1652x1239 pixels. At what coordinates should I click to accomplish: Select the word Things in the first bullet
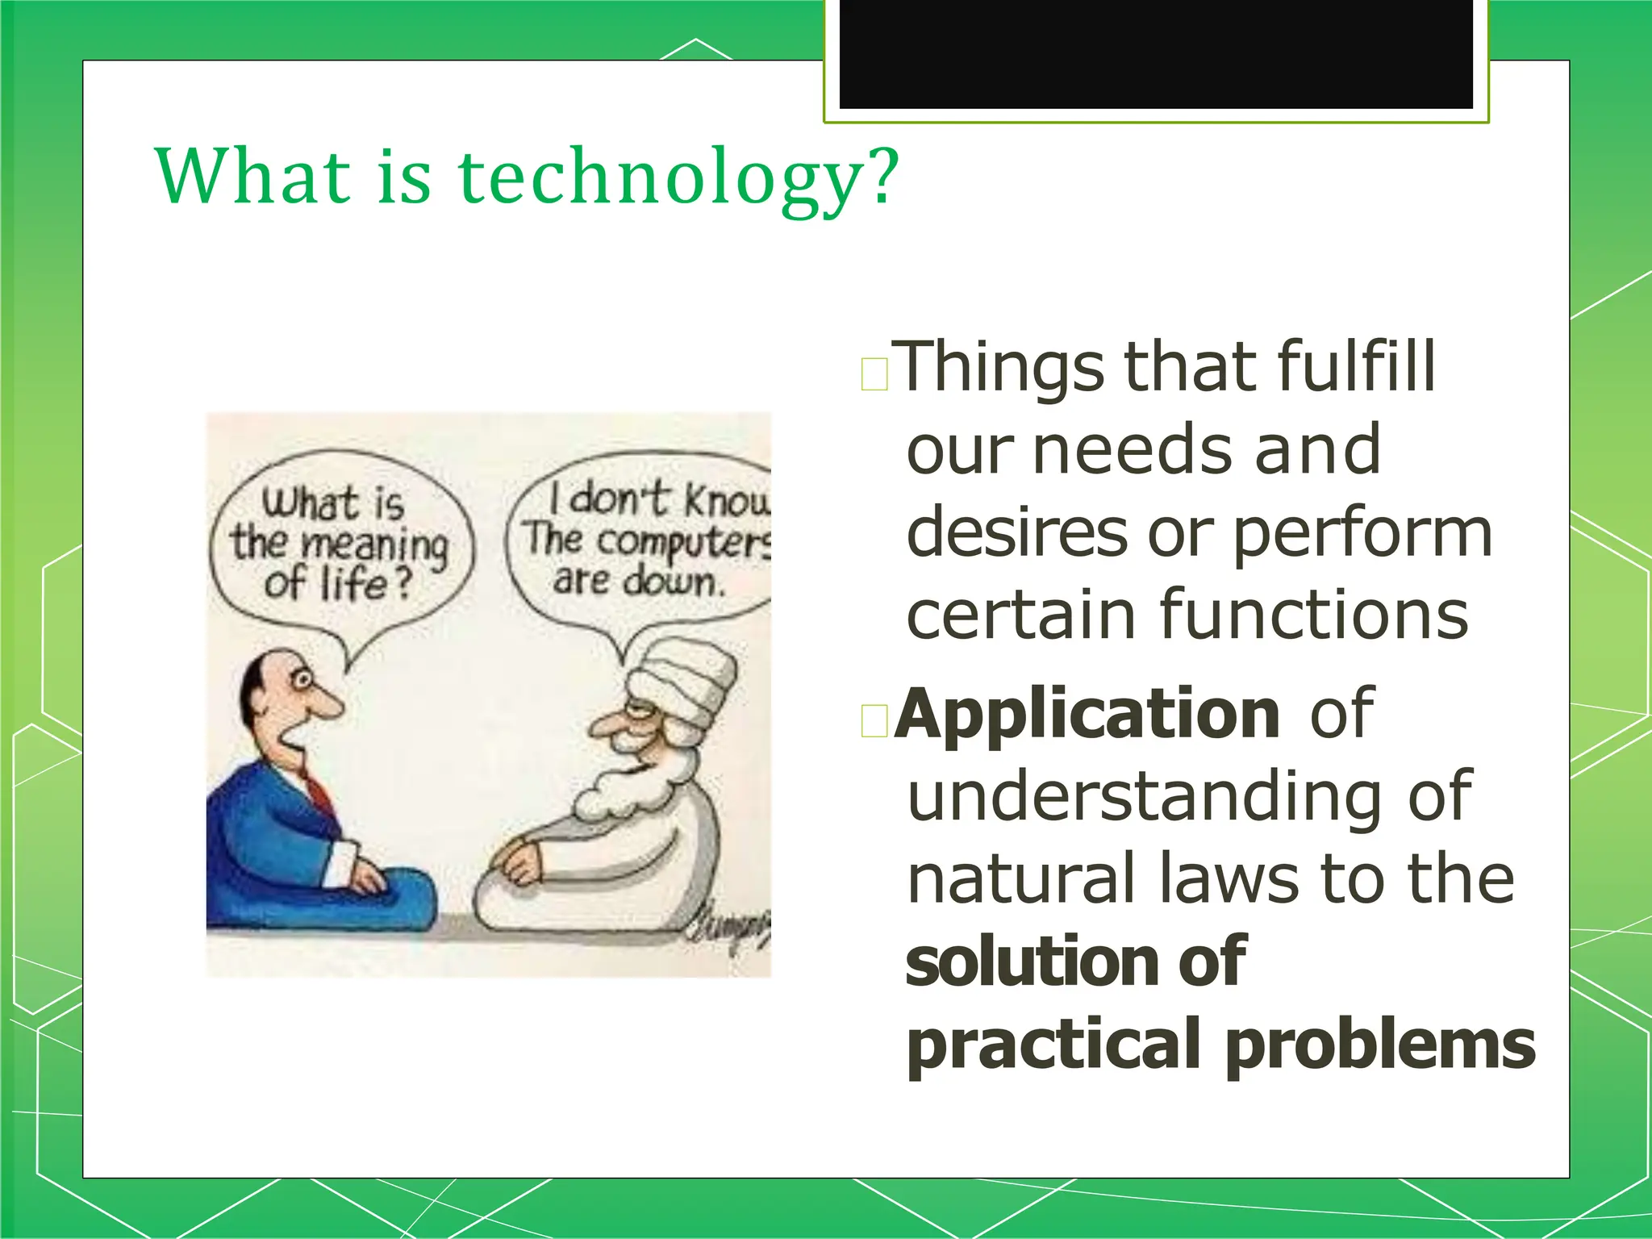(1001, 367)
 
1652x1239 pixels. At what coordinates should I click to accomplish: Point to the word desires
(1016, 534)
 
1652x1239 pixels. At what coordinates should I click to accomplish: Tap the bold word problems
(1380, 1045)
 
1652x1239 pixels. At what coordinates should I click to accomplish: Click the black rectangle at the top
(1155, 53)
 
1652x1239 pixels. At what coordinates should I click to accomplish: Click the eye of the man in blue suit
(302, 681)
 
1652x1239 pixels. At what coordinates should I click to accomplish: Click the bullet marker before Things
(874, 375)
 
